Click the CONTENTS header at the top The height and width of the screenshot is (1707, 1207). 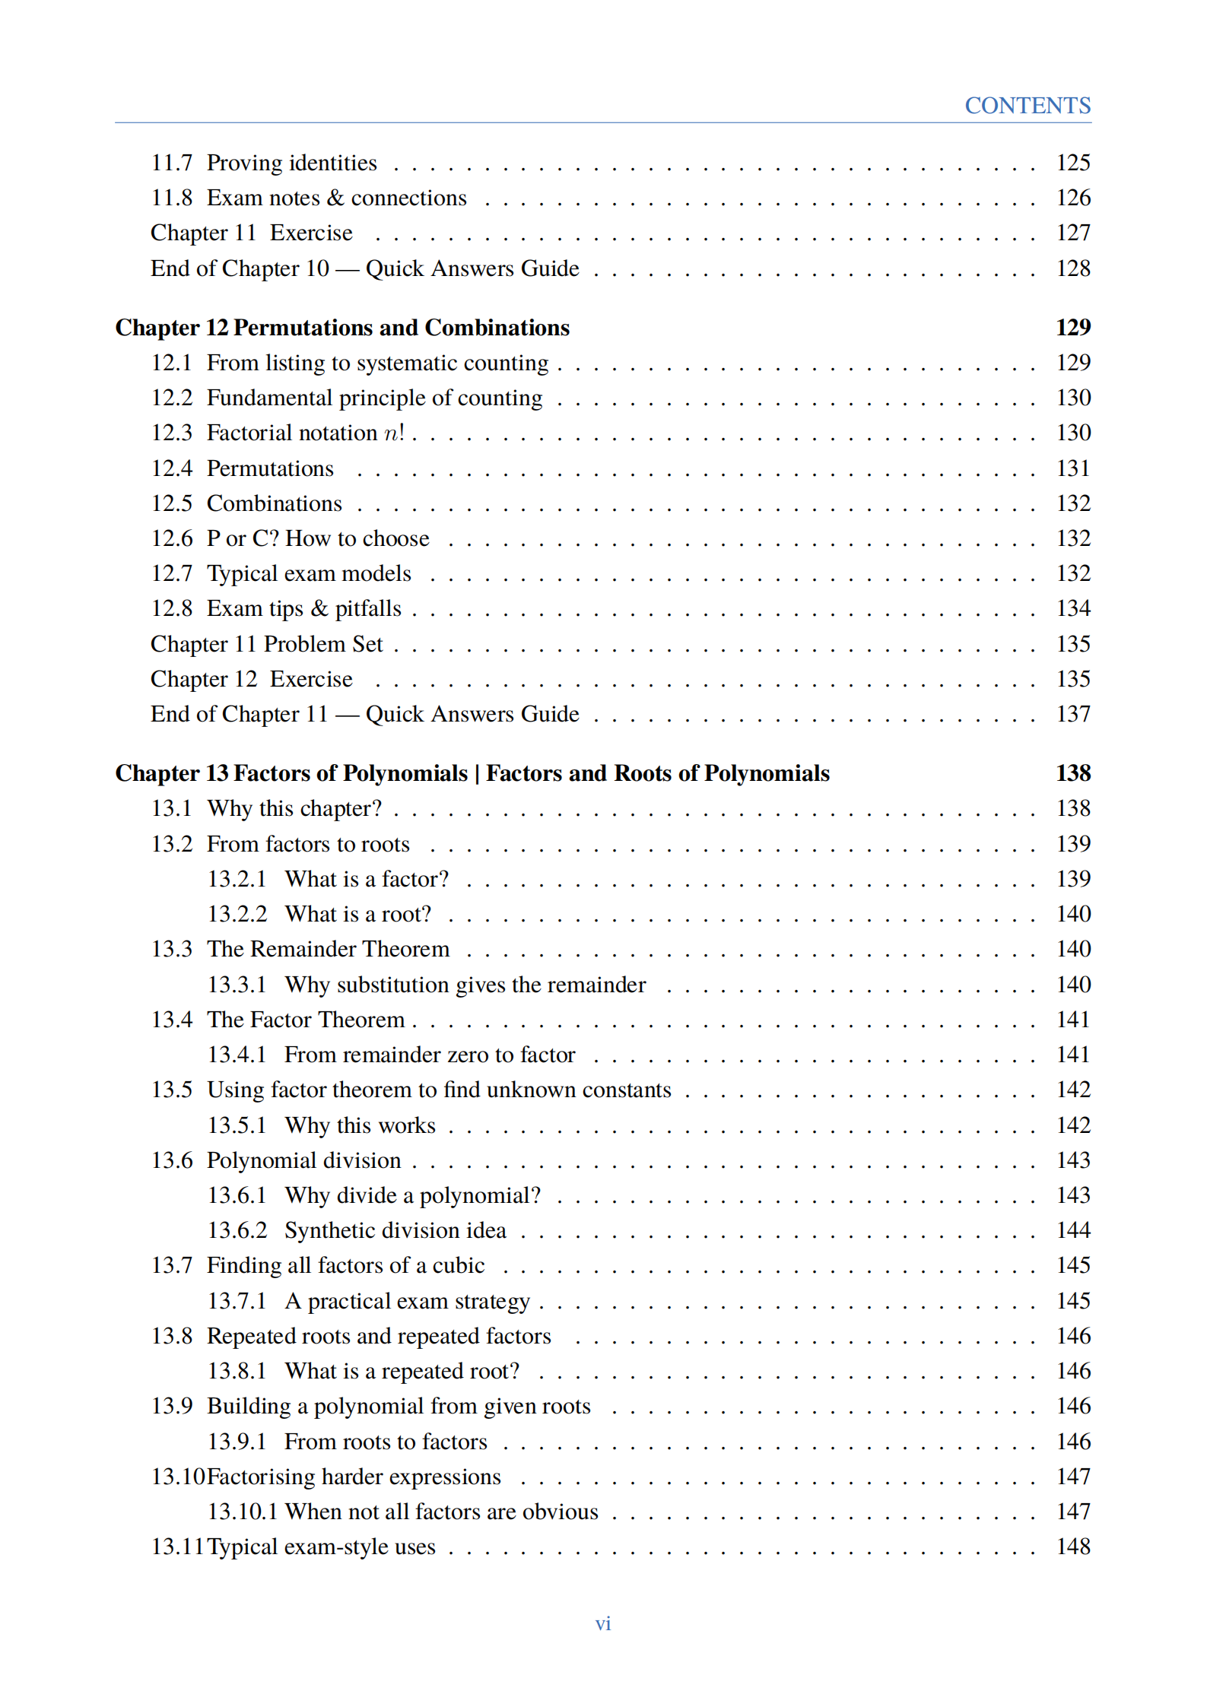pyautogui.click(x=1027, y=105)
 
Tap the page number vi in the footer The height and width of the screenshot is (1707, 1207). pyautogui.click(x=602, y=1623)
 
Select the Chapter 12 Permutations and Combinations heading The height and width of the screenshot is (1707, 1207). pyautogui.click(x=342, y=327)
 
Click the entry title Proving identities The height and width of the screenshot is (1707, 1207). pyautogui.click(x=291, y=163)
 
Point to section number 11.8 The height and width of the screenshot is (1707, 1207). pyautogui.click(x=171, y=198)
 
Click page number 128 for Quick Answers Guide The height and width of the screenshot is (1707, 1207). pyautogui.click(x=1072, y=268)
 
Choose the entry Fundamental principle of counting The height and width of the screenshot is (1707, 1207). pyautogui.click(x=374, y=398)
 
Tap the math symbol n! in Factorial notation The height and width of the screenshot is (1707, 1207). pyautogui.click(x=394, y=433)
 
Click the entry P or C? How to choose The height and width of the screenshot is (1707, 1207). pyautogui.click(x=318, y=538)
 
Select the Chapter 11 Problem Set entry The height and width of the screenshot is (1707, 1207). pyautogui.click(x=266, y=644)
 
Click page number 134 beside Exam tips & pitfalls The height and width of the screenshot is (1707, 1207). pyautogui.click(x=1072, y=608)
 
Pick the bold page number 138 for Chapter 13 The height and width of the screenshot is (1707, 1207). pyautogui.click(x=1072, y=773)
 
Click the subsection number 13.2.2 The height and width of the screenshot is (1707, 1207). pyautogui.click(x=237, y=914)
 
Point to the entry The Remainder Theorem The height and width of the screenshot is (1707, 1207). pyautogui.click(x=328, y=949)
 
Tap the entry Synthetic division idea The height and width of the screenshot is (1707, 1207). pyautogui.click(x=395, y=1230)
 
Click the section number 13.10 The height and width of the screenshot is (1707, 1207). pyautogui.click(x=178, y=1477)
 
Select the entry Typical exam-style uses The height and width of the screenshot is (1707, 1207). pyautogui.click(x=321, y=1547)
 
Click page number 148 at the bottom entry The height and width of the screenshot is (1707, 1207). pyautogui.click(x=1072, y=1547)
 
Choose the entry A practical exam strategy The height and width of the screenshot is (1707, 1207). pyautogui.click(x=407, y=1301)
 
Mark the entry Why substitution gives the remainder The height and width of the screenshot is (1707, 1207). pyautogui.click(x=465, y=985)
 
